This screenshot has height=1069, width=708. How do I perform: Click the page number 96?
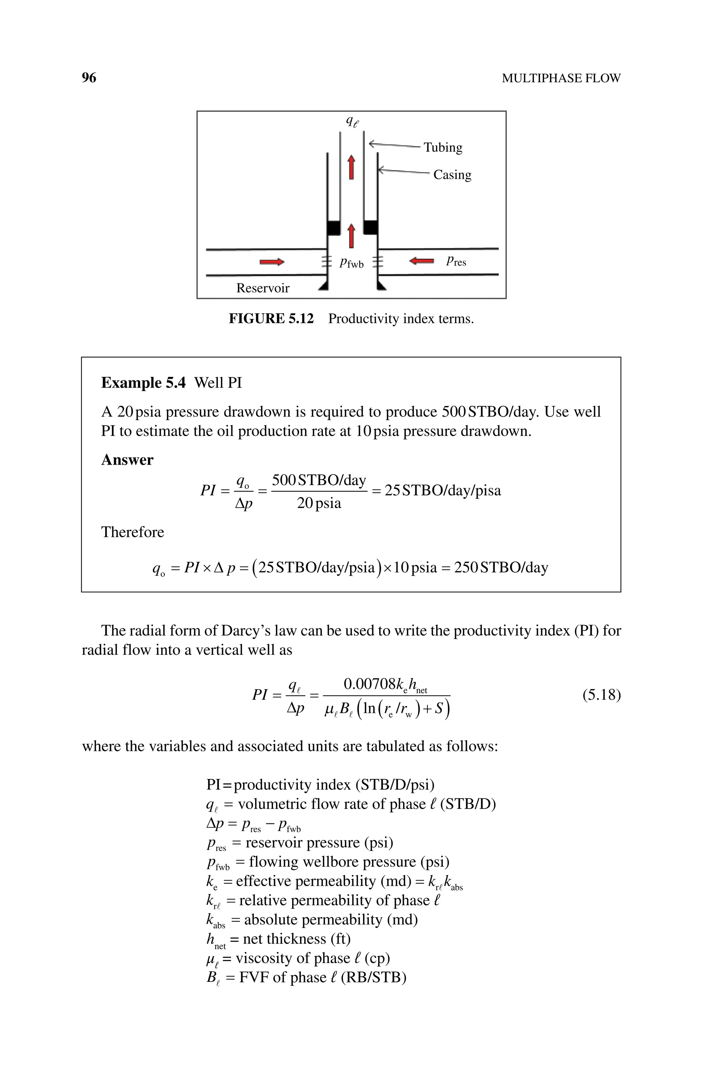(x=89, y=78)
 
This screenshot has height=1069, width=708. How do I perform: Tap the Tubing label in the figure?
(x=442, y=148)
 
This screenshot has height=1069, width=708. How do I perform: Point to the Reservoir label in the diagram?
(x=263, y=288)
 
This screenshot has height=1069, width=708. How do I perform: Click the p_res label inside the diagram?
(x=456, y=261)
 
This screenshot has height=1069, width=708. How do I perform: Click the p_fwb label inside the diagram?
(x=351, y=262)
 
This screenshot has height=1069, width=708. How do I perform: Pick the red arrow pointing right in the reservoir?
(x=272, y=262)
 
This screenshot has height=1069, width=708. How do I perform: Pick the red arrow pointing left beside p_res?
(x=421, y=261)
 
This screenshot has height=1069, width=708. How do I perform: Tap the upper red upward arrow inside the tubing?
(x=351, y=167)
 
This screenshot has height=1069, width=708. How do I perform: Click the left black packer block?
(x=334, y=227)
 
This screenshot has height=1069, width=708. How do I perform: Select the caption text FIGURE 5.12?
(x=271, y=319)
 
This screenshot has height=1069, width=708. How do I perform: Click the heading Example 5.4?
(x=143, y=383)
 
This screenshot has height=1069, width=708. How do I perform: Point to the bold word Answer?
(x=127, y=460)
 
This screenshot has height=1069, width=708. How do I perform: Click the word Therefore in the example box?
(x=132, y=532)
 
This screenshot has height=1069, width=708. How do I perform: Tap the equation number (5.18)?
(x=602, y=695)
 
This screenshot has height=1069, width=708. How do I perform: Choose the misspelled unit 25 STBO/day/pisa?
(x=442, y=491)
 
